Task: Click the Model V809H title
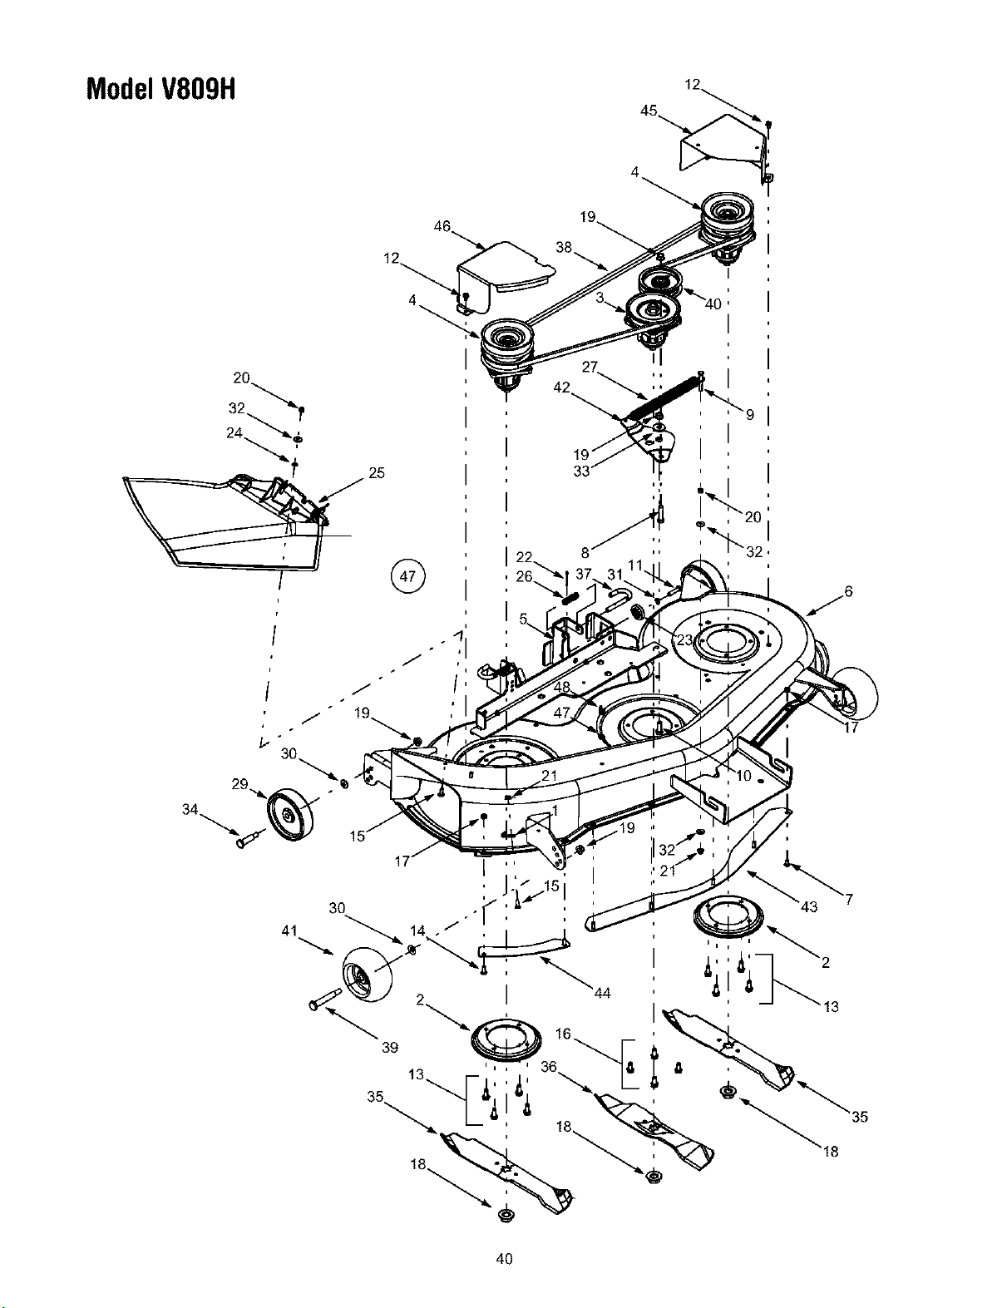(161, 89)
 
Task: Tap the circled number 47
(407, 576)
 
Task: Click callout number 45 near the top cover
(649, 111)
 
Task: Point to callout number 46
(442, 226)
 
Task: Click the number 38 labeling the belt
(564, 248)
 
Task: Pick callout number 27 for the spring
(590, 367)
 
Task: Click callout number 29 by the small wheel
(240, 784)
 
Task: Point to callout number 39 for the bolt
(391, 1048)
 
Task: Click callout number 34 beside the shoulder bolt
(190, 810)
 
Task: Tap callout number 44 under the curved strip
(603, 993)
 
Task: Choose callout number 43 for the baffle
(810, 906)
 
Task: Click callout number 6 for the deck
(849, 591)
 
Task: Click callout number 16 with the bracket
(564, 1034)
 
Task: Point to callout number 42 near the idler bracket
(561, 387)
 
